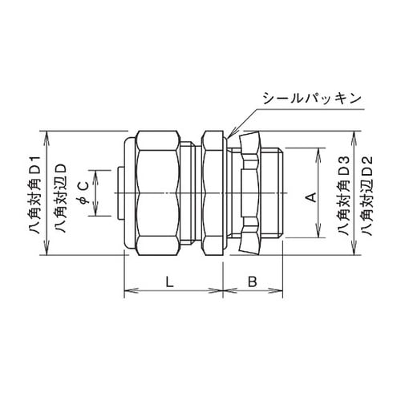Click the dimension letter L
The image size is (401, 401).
(x=168, y=282)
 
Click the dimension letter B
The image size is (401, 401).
(x=251, y=282)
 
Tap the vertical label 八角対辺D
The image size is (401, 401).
(x=59, y=192)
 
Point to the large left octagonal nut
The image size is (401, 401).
(x=160, y=193)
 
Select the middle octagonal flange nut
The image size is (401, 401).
(x=213, y=193)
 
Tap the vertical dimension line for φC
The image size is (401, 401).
(x=96, y=193)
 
